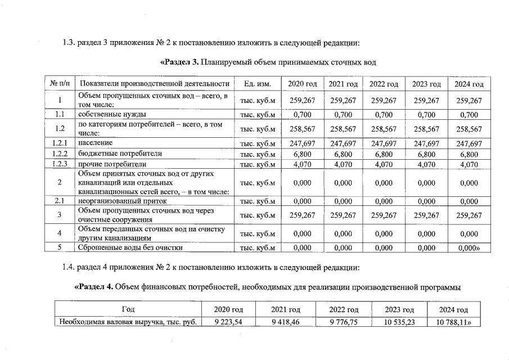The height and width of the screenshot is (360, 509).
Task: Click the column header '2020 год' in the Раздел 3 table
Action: [303, 84]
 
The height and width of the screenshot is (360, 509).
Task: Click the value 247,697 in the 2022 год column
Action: [384, 143]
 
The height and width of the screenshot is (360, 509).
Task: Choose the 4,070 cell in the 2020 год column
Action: [303, 164]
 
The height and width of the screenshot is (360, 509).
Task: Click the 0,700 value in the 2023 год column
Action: [426, 115]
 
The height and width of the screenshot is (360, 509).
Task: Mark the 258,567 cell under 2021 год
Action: [343, 129]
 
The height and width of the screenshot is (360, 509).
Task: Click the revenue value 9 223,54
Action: [228, 322]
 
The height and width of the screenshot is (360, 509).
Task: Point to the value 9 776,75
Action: [343, 322]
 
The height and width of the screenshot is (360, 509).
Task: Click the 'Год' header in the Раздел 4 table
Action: [128, 310]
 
